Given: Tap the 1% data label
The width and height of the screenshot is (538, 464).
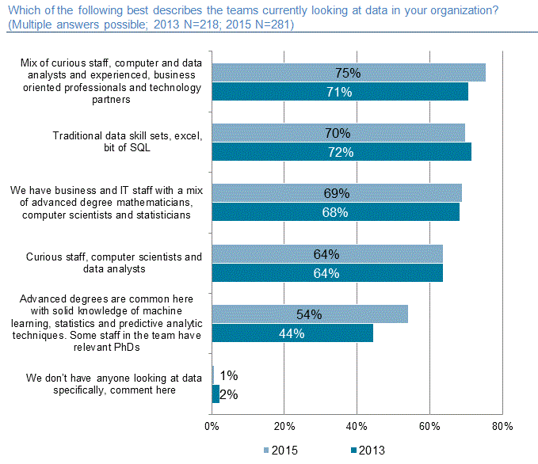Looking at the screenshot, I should click(227, 375).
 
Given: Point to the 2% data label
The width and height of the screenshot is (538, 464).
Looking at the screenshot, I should click(228, 394).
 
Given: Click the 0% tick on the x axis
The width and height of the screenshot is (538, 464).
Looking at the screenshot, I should click(212, 426).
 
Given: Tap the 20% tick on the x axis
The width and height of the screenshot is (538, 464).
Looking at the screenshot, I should click(284, 426).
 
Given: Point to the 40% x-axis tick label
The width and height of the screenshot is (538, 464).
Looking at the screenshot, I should click(357, 426).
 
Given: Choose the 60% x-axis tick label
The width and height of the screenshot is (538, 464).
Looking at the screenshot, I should click(429, 426).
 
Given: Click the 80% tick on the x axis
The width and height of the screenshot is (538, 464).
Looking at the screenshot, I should click(502, 426).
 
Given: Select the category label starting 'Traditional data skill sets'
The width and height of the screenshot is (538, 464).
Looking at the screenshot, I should click(128, 142).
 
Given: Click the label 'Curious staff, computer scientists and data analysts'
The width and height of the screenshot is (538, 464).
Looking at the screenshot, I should click(114, 263).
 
